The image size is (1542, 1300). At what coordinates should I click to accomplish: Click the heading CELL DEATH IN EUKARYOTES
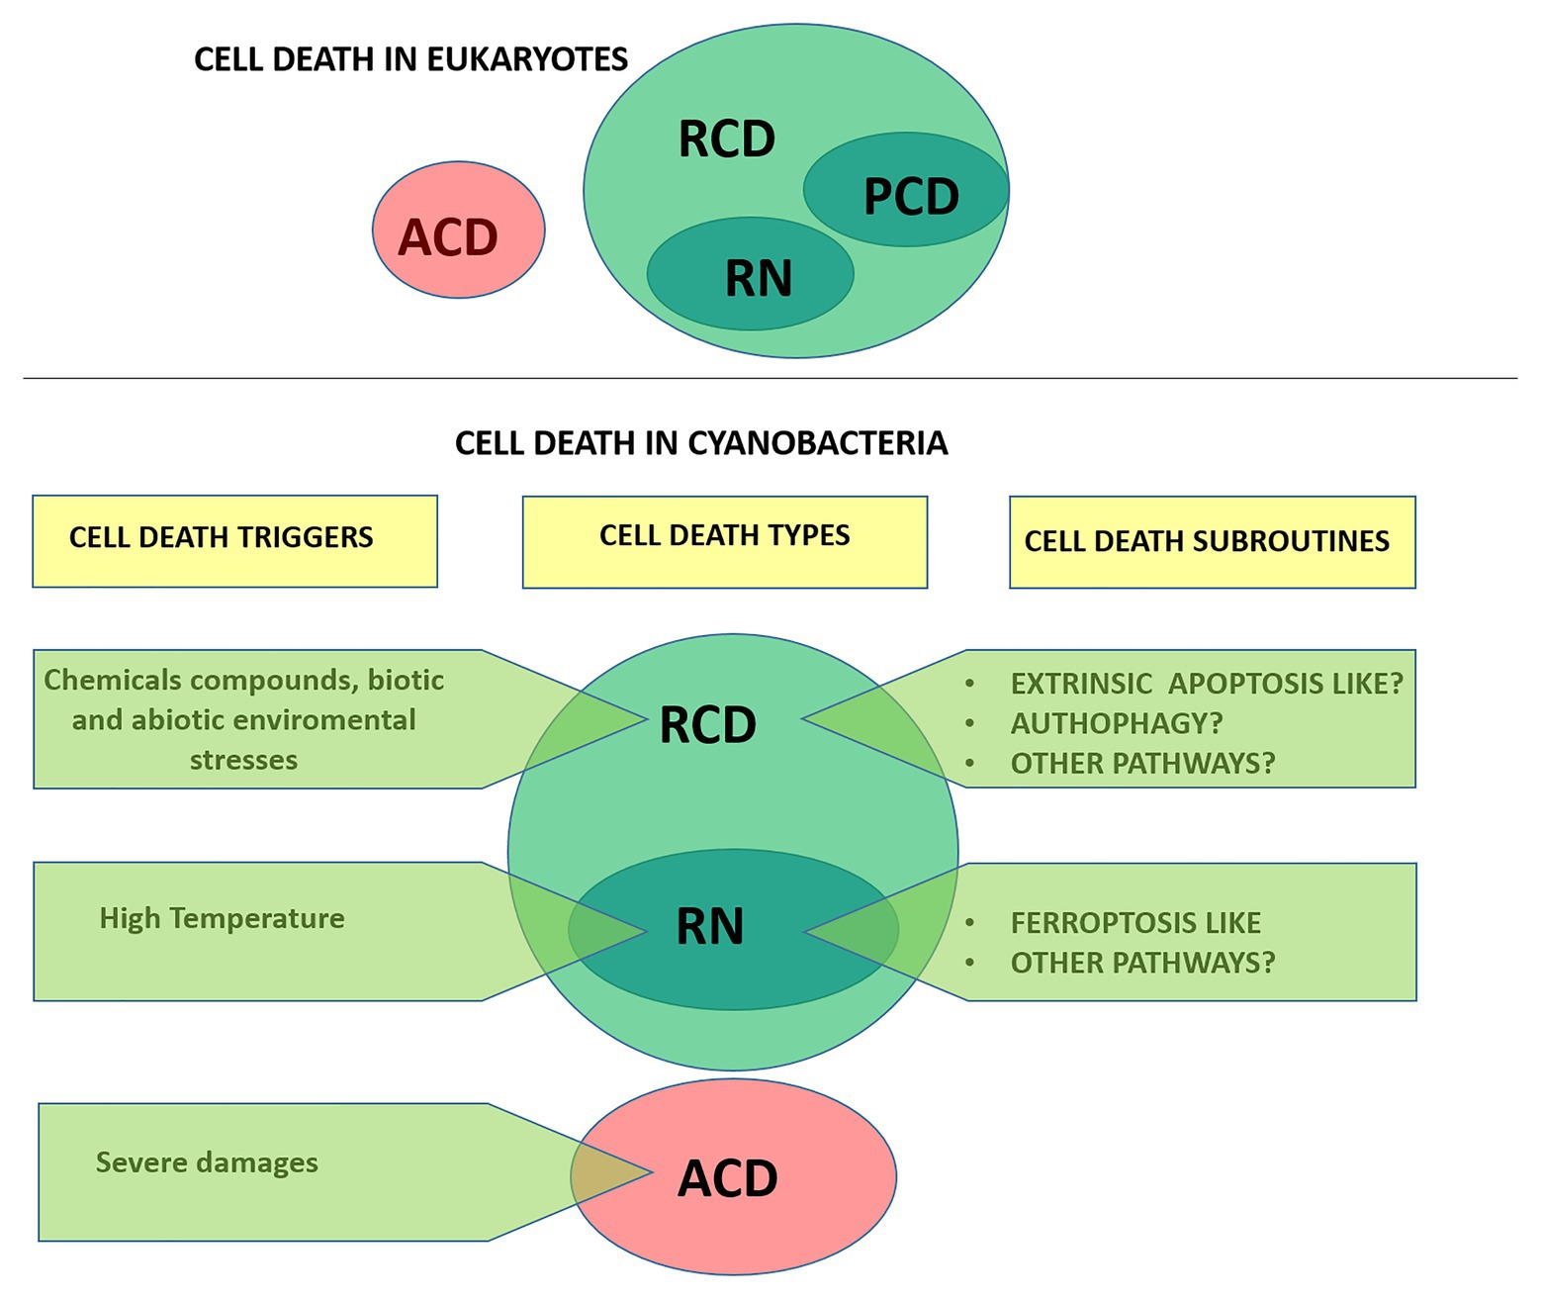pos(410,59)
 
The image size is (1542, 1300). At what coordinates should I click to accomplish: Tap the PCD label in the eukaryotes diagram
pos(911,196)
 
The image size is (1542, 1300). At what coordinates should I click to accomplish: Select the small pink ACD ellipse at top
pos(458,231)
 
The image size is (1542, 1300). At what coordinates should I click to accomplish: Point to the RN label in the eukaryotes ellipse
pos(759,278)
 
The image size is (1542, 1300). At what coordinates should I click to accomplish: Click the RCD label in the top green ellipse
pos(727,139)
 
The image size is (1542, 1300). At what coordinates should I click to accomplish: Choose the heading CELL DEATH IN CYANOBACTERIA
pos(701,442)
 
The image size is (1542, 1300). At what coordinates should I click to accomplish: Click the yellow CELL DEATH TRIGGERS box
pos(234,540)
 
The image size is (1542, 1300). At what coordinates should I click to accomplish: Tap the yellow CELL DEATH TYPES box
pos(724,540)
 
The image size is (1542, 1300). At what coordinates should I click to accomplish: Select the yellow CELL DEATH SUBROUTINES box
pos(1212,541)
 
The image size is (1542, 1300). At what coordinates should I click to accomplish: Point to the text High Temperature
pos(222,918)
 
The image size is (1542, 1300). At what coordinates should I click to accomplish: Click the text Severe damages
pos(207,1162)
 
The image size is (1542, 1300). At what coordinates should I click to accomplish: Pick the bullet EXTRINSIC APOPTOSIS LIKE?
pos(1207,684)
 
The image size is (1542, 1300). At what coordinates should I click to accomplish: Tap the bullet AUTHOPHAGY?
pos(1117,723)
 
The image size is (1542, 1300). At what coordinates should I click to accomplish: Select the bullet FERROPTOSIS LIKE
pos(1135,923)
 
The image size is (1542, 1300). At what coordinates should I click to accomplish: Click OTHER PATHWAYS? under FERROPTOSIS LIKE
pos(1142,962)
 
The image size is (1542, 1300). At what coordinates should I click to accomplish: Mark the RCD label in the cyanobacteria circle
pos(707,725)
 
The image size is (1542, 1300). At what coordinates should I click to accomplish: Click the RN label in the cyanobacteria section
pos(709,927)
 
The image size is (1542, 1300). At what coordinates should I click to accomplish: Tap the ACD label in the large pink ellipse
pos(728,1178)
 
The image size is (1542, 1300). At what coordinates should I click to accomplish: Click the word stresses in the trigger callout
pos(243,760)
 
